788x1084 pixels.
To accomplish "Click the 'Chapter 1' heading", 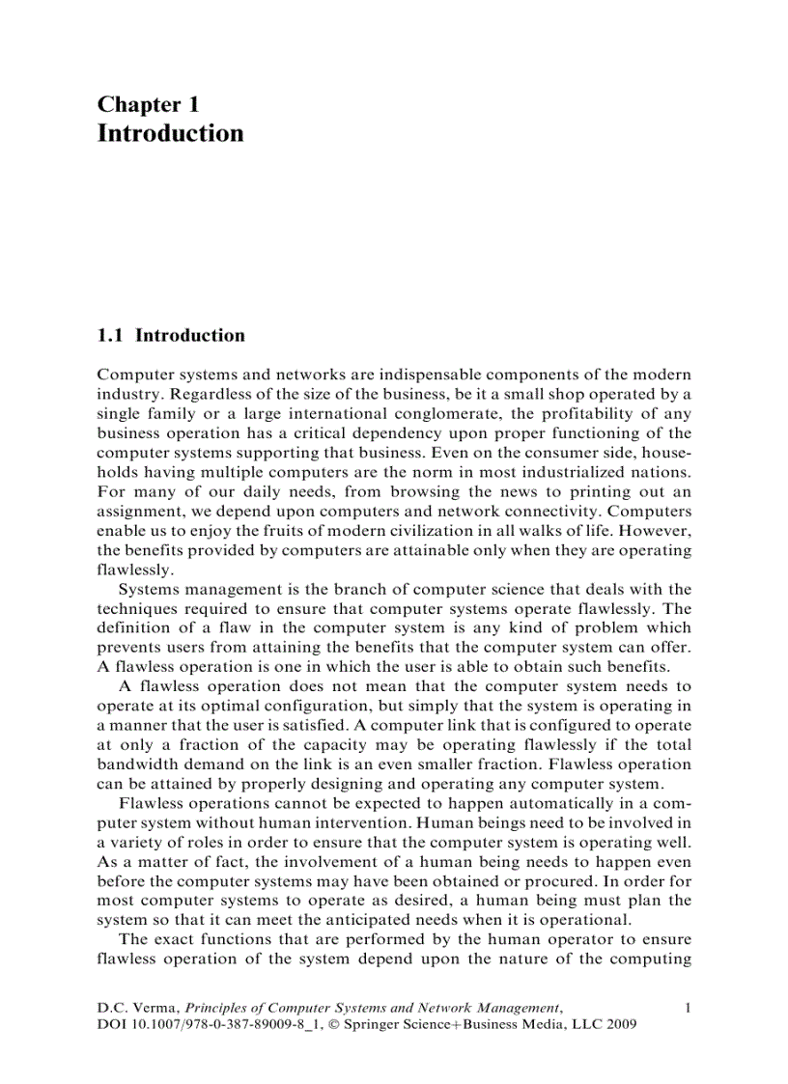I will click(x=148, y=104).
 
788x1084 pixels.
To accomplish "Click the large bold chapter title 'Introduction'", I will click(x=170, y=133).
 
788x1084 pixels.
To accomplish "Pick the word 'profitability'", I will click(x=577, y=413).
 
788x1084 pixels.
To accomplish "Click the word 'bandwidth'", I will click(x=133, y=764).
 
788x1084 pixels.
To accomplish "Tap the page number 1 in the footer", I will click(x=687, y=1009).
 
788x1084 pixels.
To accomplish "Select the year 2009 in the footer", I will click(x=620, y=1025).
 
